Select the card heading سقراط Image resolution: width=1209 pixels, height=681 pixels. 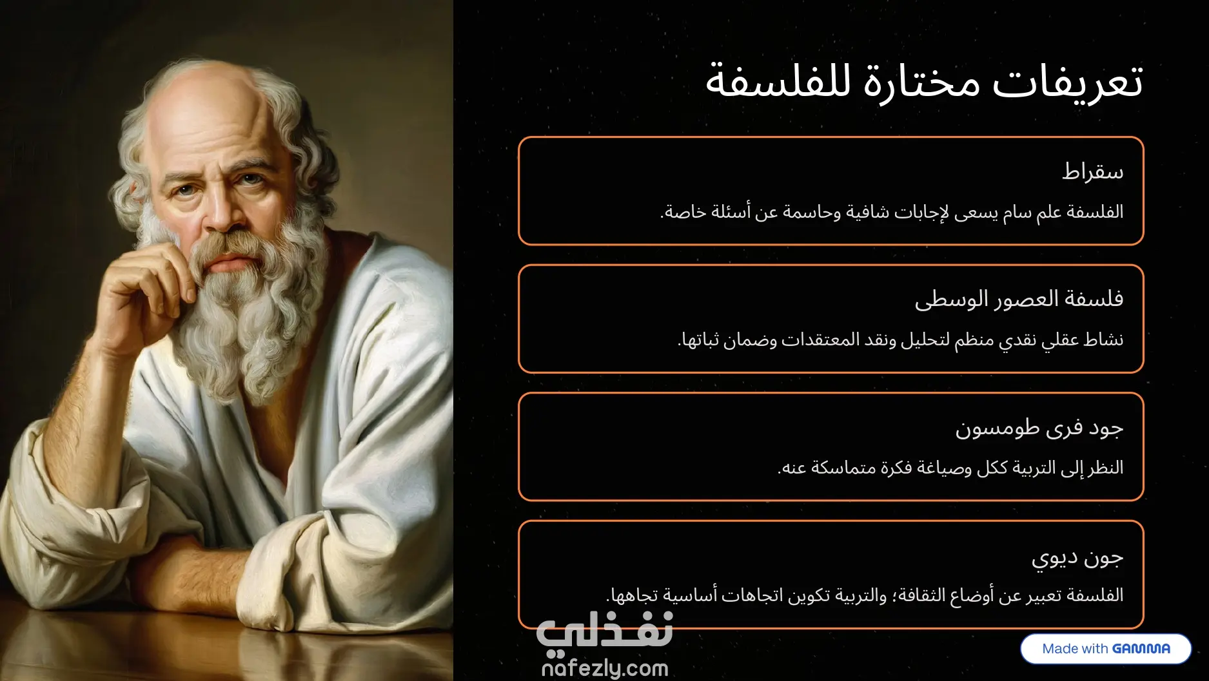(1093, 171)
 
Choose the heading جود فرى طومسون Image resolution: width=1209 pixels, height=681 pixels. (1039, 428)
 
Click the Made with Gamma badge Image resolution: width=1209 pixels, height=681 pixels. (1106, 648)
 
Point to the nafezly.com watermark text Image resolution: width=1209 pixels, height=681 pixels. (605, 668)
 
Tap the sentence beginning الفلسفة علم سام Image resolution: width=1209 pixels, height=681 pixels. (892, 212)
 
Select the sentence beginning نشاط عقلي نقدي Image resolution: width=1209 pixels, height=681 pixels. (900, 340)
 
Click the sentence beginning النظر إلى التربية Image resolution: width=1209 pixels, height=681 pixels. (950, 467)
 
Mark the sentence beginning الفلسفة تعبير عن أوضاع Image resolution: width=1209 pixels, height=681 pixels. (865, 595)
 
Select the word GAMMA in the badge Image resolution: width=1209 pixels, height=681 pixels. (1141, 649)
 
